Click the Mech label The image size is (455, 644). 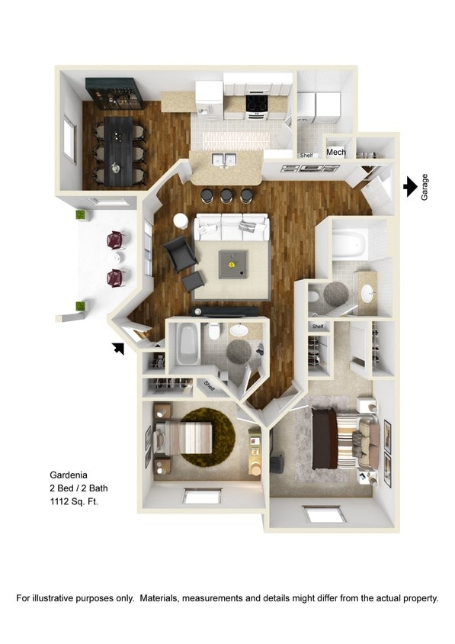[x=336, y=152]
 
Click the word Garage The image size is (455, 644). [x=425, y=186]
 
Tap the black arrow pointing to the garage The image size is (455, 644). [x=410, y=185]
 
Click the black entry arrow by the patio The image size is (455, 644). [x=117, y=348]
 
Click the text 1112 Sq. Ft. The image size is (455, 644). [x=74, y=501]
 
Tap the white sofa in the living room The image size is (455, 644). [x=232, y=227]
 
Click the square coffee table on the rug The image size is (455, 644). [x=232, y=264]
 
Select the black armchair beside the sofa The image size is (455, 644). [x=179, y=253]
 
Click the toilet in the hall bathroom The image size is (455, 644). [x=214, y=332]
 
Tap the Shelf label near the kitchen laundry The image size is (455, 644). [x=306, y=156]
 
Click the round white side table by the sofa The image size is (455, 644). [x=181, y=221]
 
